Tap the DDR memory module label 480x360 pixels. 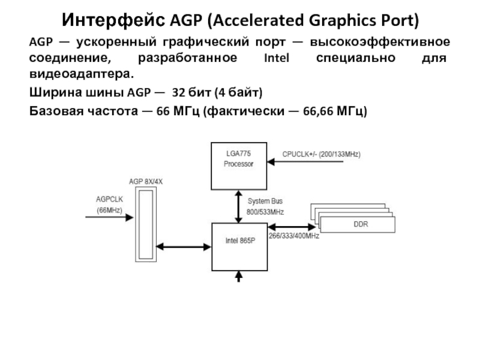click(x=361, y=224)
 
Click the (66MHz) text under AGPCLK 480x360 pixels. click(x=109, y=210)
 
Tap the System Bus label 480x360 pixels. click(x=265, y=201)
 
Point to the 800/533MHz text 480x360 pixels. click(x=265, y=212)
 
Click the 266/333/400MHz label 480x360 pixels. click(x=293, y=236)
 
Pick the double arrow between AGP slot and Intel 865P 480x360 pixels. click(x=184, y=246)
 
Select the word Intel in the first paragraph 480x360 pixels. click(x=276, y=60)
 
